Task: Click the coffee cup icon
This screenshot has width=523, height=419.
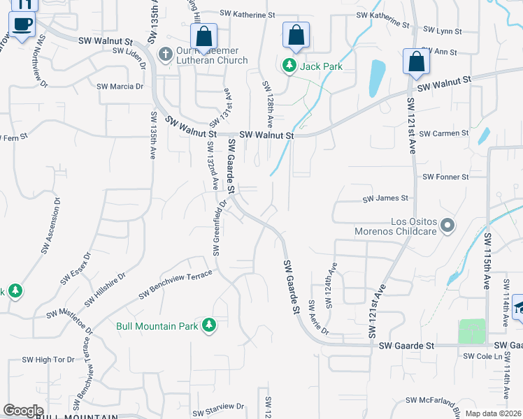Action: [x=22, y=25]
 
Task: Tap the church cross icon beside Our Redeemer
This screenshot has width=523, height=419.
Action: [x=166, y=54]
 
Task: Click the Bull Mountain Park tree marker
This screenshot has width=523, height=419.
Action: [x=208, y=325]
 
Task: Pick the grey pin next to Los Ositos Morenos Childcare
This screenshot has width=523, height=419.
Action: [x=448, y=226]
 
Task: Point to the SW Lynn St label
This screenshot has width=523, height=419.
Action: [x=443, y=31]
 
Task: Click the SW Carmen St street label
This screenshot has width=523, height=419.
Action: [x=445, y=133]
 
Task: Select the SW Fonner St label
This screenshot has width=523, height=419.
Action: [x=445, y=177]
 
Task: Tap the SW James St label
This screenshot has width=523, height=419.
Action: [x=385, y=199]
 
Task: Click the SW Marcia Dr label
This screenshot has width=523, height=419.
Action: [x=120, y=87]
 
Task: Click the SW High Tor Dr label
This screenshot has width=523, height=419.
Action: [x=54, y=360]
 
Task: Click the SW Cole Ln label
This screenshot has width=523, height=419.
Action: [x=483, y=357]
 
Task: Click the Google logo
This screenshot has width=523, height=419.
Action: [x=23, y=411]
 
